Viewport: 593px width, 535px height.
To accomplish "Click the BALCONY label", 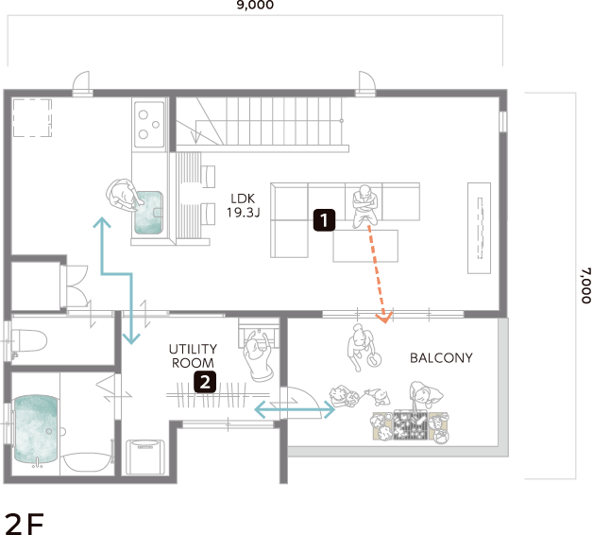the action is [441, 358].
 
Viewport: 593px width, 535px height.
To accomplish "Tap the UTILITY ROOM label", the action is [193, 356].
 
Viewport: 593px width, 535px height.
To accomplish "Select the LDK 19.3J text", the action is [244, 206].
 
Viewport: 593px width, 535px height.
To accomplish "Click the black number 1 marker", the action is [324, 220].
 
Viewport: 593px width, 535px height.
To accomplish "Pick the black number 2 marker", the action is [205, 382].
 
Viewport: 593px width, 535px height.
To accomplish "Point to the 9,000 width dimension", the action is [255, 5].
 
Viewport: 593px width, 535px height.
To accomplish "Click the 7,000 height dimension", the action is [585, 285].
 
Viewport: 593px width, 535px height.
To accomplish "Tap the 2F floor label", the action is [24, 524].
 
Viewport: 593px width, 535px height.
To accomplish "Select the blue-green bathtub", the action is [36, 429].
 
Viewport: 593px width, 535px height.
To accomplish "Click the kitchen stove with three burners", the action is [150, 124].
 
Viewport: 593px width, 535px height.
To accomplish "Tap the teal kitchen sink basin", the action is [148, 213].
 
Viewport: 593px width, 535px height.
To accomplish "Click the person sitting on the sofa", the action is [364, 206].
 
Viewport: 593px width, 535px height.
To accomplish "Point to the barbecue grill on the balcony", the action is [411, 426].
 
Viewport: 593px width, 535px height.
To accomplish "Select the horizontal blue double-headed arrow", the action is [295, 409].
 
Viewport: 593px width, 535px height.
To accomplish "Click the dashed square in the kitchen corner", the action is [32, 118].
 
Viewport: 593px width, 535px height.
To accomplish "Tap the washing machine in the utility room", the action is [145, 457].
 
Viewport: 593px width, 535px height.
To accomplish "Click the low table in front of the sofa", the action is [365, 246].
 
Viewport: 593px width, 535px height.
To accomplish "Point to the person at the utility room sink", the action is [258, 356].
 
